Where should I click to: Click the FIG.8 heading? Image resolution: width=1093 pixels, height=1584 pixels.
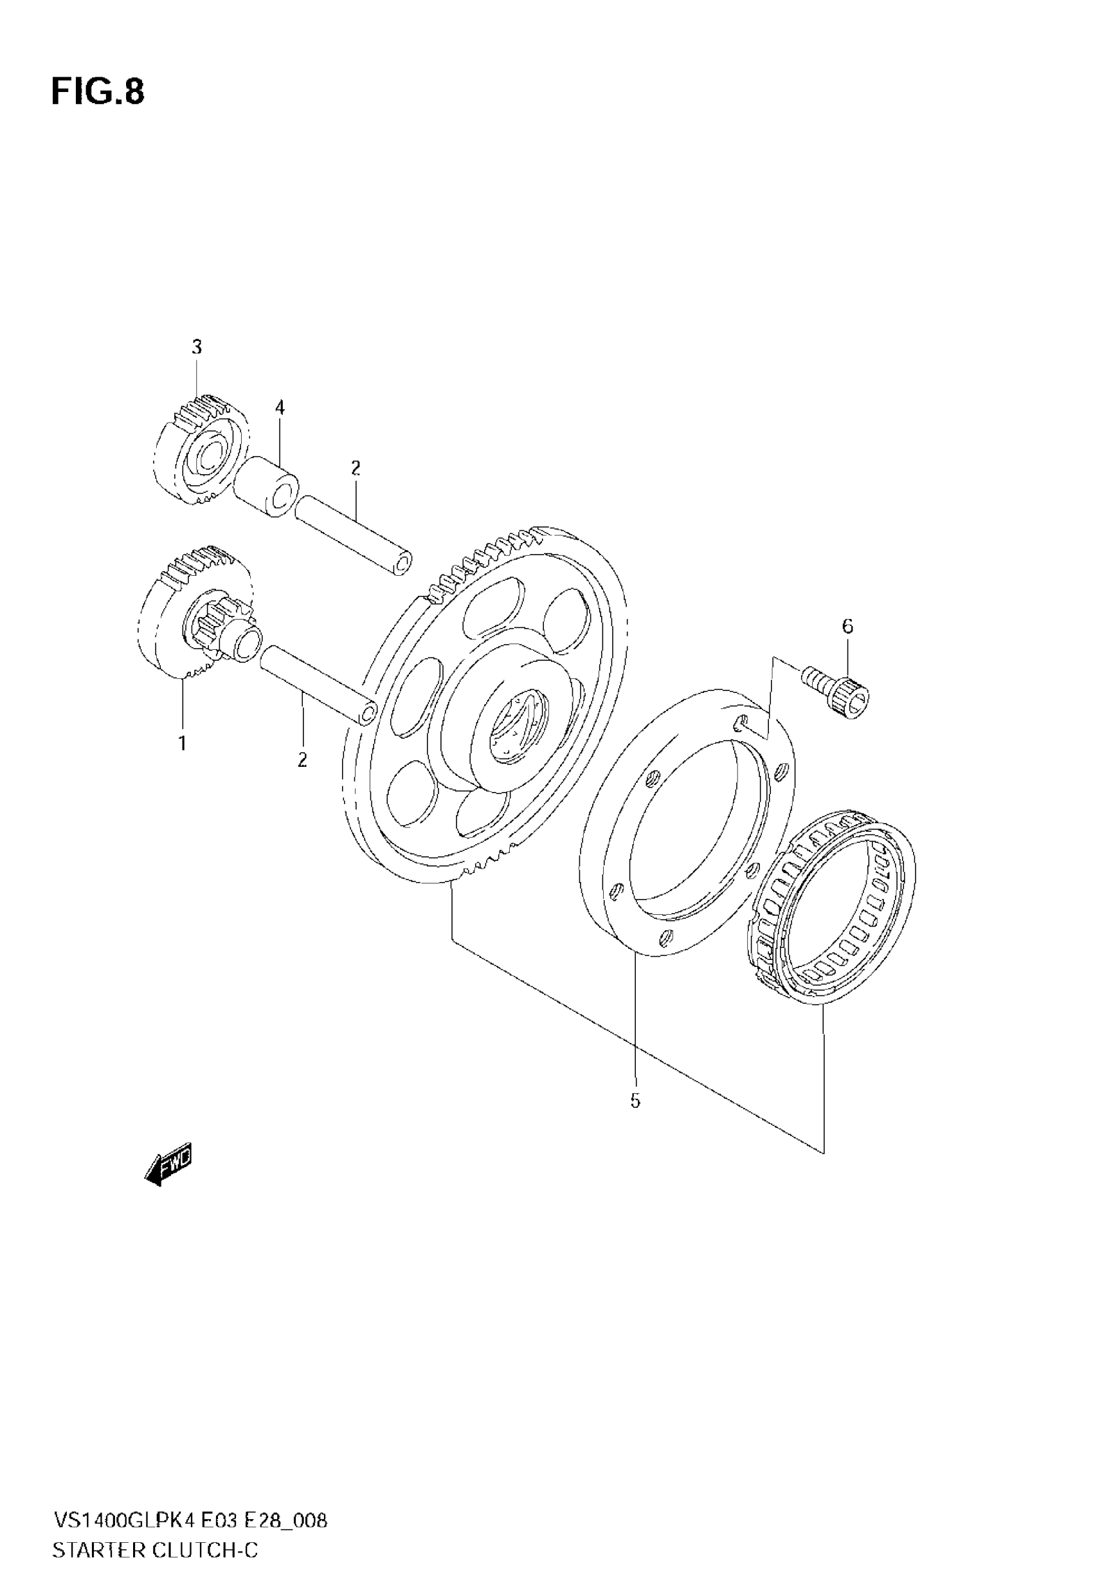click(98, 92)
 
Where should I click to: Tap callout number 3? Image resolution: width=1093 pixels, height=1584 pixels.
click(197, 347)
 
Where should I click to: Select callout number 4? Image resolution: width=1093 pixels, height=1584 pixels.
click(280, 409)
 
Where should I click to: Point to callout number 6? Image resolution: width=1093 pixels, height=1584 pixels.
click(847, 625)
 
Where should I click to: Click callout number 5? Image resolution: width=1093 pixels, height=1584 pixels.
click(635, 1101)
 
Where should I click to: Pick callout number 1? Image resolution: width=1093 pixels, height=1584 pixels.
click(183, 742)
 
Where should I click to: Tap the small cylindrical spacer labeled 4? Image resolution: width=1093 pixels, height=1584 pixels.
click(266, 487)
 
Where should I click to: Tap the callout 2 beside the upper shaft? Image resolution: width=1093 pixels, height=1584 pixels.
click(355, 468)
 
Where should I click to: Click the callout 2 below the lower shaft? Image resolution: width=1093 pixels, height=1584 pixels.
click(302, 760)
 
